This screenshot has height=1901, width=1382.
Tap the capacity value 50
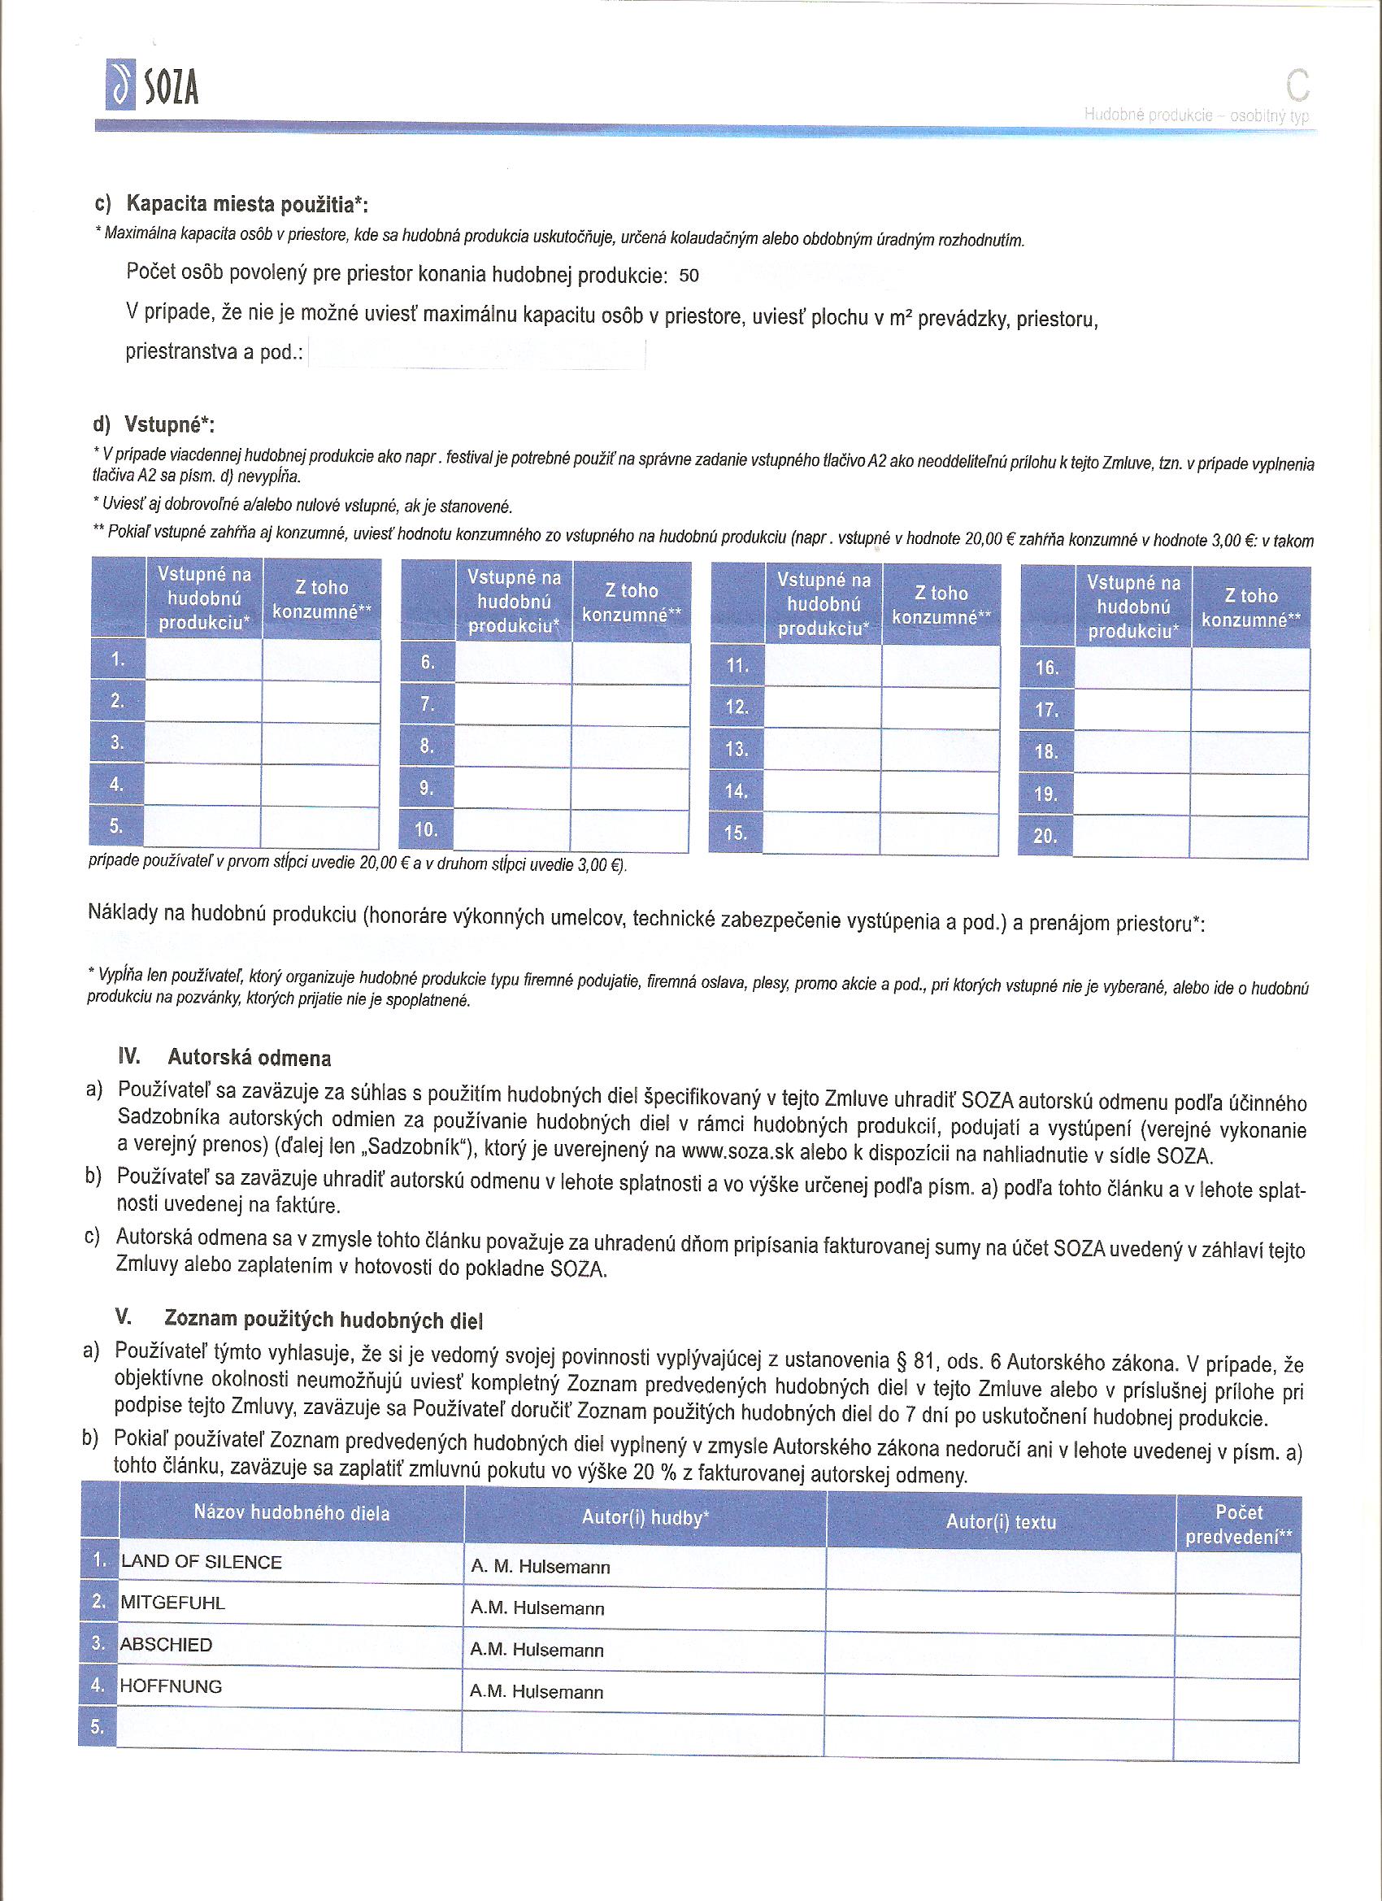click(689, 276)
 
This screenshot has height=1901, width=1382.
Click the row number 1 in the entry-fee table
click(117, 659)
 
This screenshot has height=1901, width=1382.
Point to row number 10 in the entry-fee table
click(427, 830)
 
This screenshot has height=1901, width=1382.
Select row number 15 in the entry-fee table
click(736, 833)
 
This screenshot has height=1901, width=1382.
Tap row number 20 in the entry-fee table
click(1045, 836)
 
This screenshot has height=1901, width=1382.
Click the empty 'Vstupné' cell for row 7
click(513, 705)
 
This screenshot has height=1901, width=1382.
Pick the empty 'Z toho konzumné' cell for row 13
click(941, 750)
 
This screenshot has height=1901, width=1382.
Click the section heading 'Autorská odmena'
click(249, 1058)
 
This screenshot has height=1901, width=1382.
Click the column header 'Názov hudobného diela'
click(292, 1513)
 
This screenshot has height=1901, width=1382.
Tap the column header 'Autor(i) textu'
click(1001, 1521)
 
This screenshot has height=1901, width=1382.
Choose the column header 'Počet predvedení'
click(1239, 1525)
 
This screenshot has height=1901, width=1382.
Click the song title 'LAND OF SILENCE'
click(201, 1561)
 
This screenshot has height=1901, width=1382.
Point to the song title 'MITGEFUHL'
click(172, 1603)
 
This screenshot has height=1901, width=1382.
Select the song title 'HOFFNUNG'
click(171, 1686)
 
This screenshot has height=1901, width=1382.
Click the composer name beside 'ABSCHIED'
click(537, 1650)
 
